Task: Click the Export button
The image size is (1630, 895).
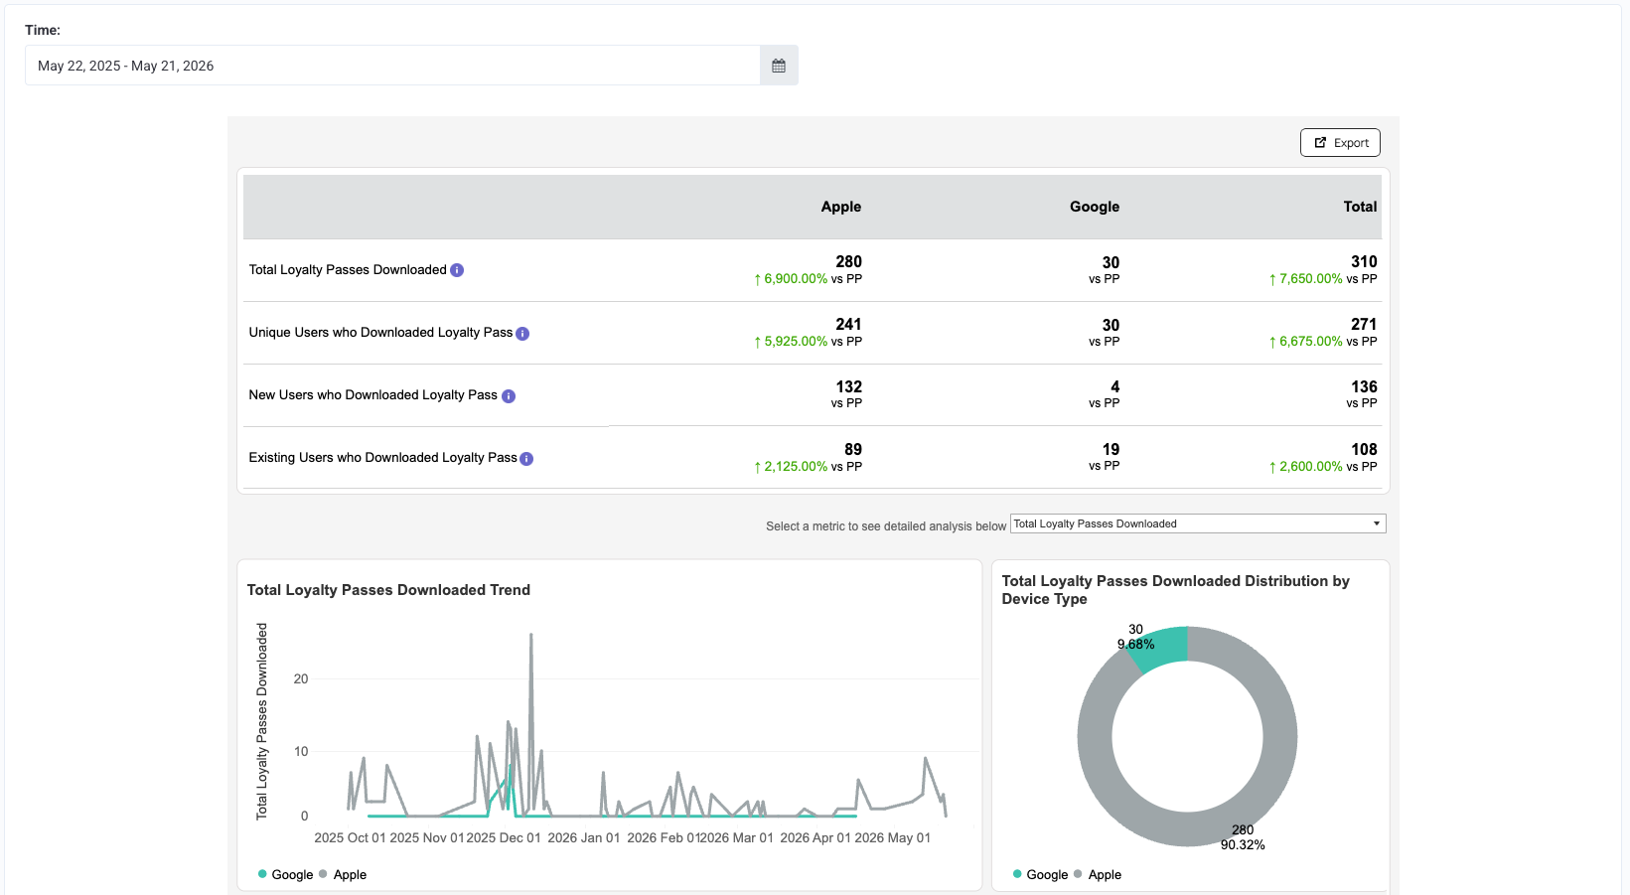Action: pos(1340,143)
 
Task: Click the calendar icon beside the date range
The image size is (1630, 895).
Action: pos(779,66)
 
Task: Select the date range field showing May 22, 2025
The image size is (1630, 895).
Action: pos(393,66)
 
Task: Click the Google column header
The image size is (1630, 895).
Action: pos(1094,207)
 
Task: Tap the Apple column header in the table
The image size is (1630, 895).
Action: pos(840,207)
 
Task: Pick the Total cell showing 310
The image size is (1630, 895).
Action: pos(1363,262)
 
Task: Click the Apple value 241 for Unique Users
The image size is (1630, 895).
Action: pos(847,325)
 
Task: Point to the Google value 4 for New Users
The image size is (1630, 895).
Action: pos(1114,387)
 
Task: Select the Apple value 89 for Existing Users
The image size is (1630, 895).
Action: pos(853,450)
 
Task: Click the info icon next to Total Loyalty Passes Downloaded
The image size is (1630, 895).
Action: pos(457,270)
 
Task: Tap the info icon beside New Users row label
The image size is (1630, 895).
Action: pos(509,395)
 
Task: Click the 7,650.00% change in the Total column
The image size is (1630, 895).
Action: pos(1305,279)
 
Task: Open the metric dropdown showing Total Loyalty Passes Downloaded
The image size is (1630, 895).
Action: pos(1198,523)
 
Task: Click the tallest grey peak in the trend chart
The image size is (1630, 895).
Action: pos(531,635)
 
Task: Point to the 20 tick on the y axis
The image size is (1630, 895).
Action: pos(301,678)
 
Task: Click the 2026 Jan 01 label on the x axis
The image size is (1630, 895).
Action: pos(584,837)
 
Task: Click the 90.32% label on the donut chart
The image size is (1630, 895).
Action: pos(1243,844)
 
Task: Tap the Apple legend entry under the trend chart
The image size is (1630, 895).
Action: pos(343,874)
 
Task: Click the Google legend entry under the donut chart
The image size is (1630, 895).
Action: pos(1041,874)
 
